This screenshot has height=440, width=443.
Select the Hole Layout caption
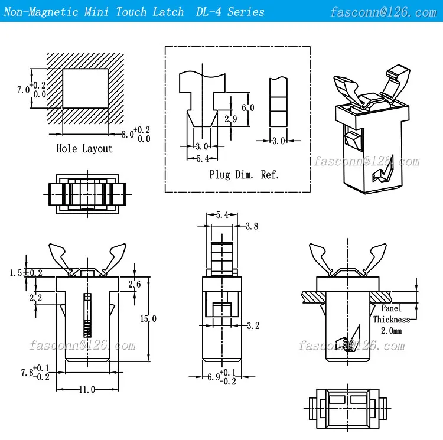[x=84, y=148]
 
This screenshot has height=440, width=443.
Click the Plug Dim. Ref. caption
[x=244, y=174]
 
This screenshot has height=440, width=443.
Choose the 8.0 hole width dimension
[x=126, y=134]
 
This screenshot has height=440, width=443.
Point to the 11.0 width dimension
[x=87, y=390]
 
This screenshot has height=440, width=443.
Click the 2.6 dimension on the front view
[x=134, y=285]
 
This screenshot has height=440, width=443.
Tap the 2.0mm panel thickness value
[x=390, y=331]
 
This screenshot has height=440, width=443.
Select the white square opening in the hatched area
[x=85, y=88]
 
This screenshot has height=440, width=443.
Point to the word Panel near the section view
[x=391, y=308]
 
